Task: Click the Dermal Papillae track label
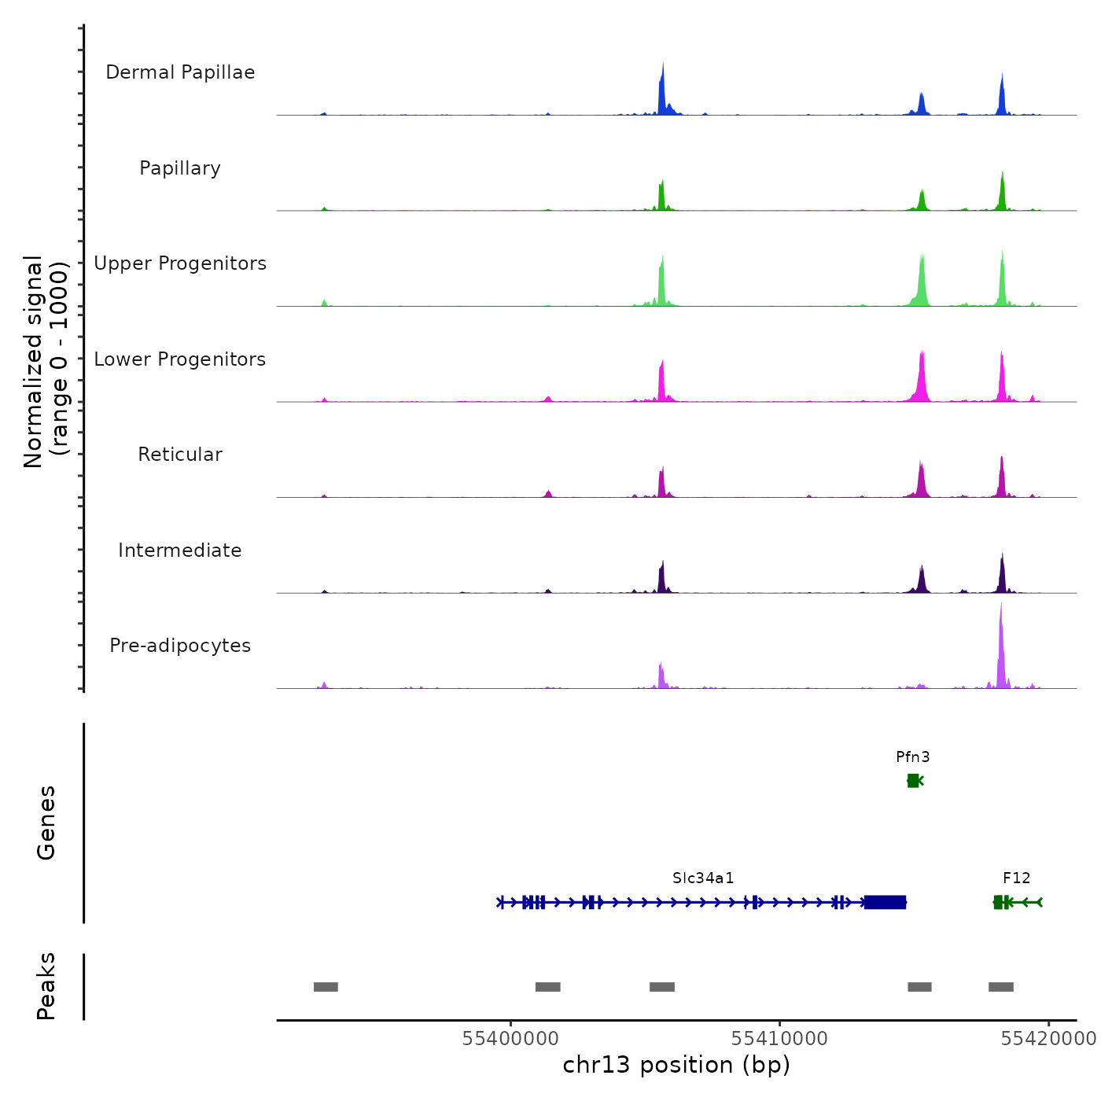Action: [180, 72]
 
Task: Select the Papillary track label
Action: [180, 168]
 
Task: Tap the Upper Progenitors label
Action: [180, 263]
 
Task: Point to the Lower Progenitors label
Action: [180, 359]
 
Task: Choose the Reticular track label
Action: [180, 455]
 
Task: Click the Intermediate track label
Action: [180, 550]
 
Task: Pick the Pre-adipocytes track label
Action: [180, 646]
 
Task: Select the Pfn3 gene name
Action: [912, 757]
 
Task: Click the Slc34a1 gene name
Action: [703, 878]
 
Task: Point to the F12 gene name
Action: [1016, 878]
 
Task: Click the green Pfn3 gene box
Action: [912, 780]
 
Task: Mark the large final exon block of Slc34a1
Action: [886, 902]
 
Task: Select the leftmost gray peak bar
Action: [326, 987]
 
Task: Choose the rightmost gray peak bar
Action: [1001, 987]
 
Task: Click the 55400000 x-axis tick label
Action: [510, 1038]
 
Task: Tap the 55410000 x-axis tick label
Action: [779, 1038]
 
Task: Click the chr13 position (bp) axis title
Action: [676, 1065]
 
